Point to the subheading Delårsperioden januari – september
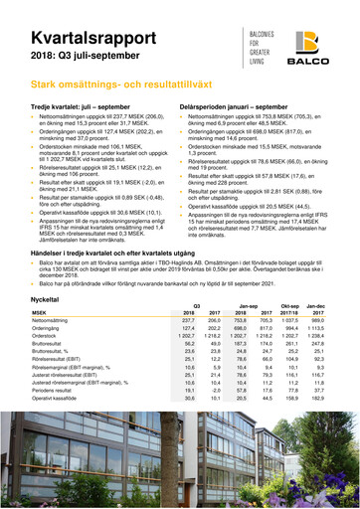[x=240, y=105]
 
